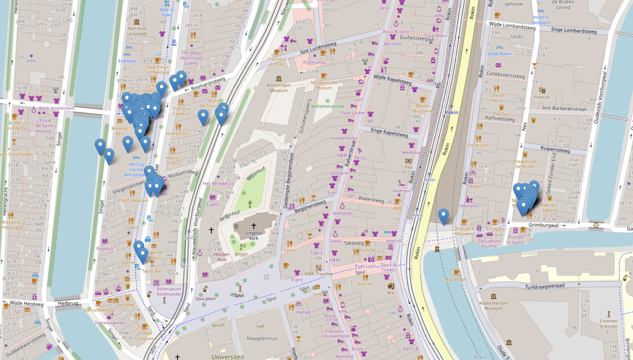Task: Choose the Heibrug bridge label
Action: click(x=68, y=304)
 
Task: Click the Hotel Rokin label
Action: click(x=501, y=54)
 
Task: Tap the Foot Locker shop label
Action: click(x=353, y=112)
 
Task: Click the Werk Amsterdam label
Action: click(x=57, y=108)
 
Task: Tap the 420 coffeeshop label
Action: click(x=99, y=310)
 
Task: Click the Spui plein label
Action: click(x=207, y=298)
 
